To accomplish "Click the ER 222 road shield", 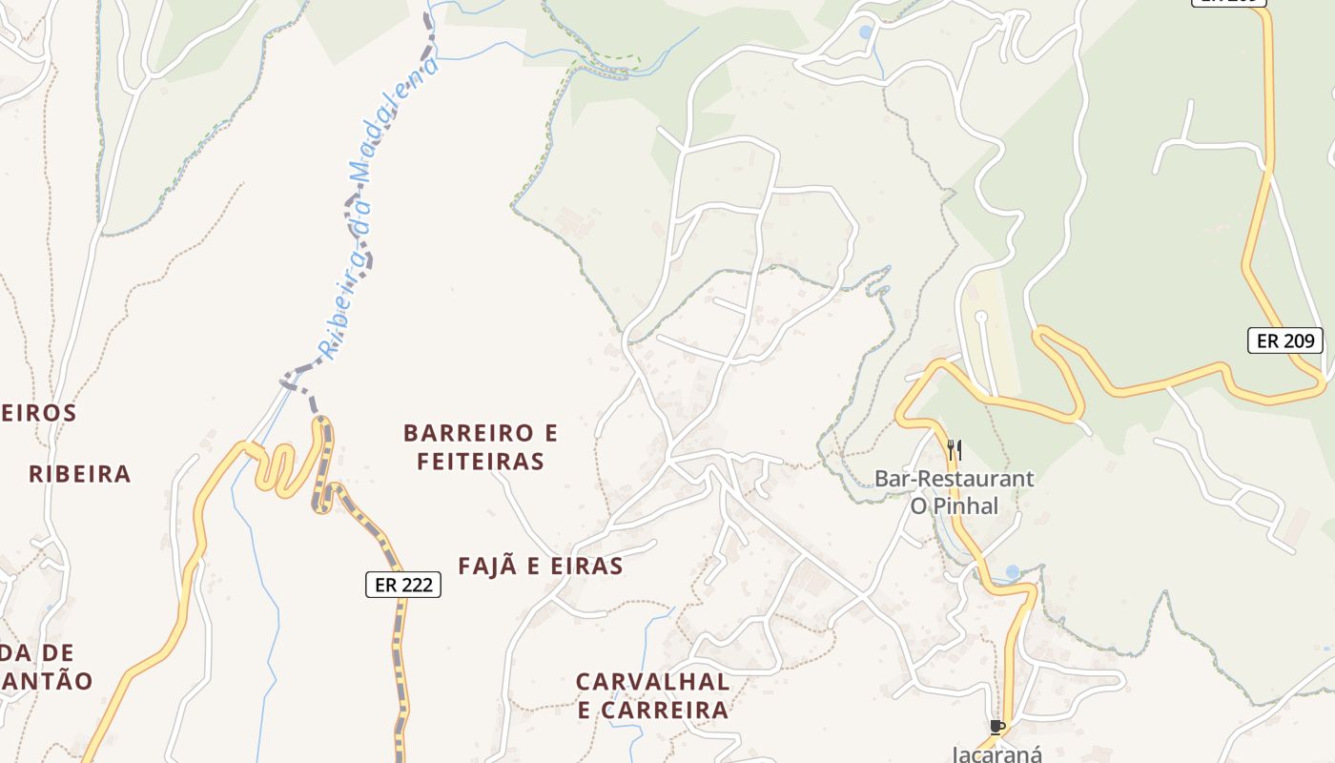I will click(403, 585).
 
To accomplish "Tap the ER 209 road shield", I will click(1285, 340).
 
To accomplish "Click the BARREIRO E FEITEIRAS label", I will click(481, 447).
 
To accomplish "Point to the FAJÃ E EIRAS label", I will click(540, 567).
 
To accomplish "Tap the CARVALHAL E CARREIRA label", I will click(653, 696).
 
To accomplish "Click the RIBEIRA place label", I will click(79, 475).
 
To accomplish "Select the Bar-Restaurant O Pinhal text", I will click(954, 492).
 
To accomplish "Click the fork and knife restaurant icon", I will click(954, 448).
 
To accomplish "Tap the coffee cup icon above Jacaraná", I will click(997, 728).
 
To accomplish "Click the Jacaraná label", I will click(997, 753).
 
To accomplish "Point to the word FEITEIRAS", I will click(481, 463).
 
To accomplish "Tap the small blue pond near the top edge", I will click(865, 32).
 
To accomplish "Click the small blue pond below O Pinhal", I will click(1012, 572).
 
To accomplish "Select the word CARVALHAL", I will click(653, 683).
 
